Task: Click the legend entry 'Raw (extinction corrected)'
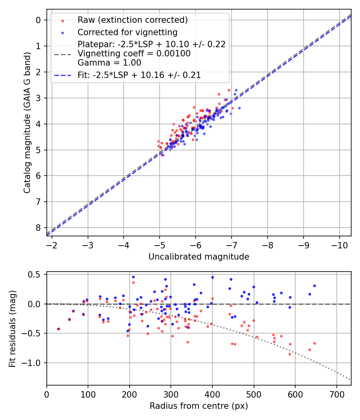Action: click(132, 20)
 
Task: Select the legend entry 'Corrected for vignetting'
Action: click(128, 32)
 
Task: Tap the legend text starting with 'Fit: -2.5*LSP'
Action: click(139, 75)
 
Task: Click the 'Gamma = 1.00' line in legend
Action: click(109, 62)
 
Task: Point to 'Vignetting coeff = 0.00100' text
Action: click(134, 54)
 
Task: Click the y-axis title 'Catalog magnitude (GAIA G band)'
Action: click(27, 122)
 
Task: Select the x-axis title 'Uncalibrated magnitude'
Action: click(199, 257)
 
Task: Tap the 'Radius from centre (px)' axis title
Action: click(199, 406)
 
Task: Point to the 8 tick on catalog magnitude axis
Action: click(38, 228)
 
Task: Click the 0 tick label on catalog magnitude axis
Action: click(38, 20)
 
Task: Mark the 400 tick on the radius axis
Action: click(212, 394)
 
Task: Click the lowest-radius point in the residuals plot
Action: click(58, 329)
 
